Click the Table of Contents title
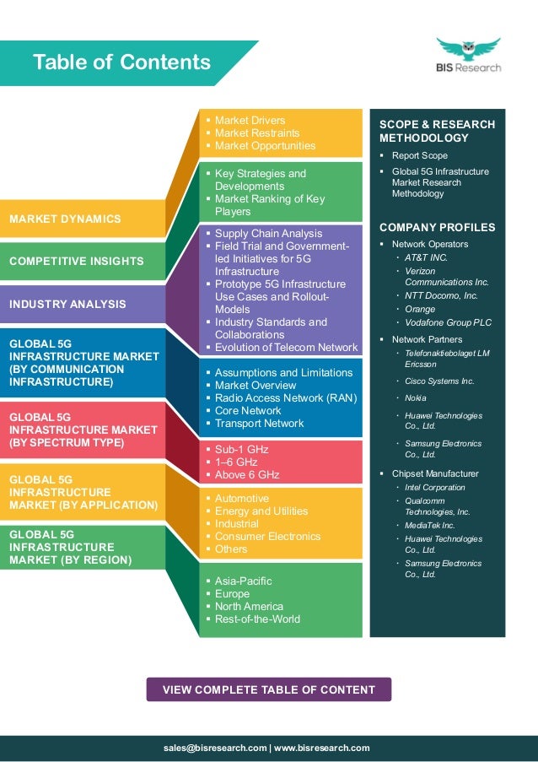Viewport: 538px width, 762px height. [x=121, y=62]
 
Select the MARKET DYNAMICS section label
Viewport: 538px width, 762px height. [x=65, y=219]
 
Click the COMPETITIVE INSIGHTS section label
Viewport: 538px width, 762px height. [x=77, y=261]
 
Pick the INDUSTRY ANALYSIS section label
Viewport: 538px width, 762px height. [x=67, y=304]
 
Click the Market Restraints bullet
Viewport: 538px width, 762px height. [x=256, y=133]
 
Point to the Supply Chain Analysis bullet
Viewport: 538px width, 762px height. [x=268, y=234]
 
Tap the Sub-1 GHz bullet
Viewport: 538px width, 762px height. [x=241, y=450]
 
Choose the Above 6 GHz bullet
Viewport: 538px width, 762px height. [x=246, y=475]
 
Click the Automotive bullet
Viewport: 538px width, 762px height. [x=241, y=499]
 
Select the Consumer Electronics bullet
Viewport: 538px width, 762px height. [x=267, y=537]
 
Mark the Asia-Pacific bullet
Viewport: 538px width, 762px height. [x=243, y=581]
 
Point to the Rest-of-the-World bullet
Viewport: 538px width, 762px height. [x=257, y=619]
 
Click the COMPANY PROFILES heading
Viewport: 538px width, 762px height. [x=437, y=228]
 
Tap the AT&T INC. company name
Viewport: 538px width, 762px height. [x=426, y=257]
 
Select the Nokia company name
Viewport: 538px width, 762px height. [x=416, y=397]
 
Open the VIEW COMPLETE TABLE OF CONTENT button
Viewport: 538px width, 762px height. [x=268, y=689]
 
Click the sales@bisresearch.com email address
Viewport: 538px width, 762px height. [x=215, y=748]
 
